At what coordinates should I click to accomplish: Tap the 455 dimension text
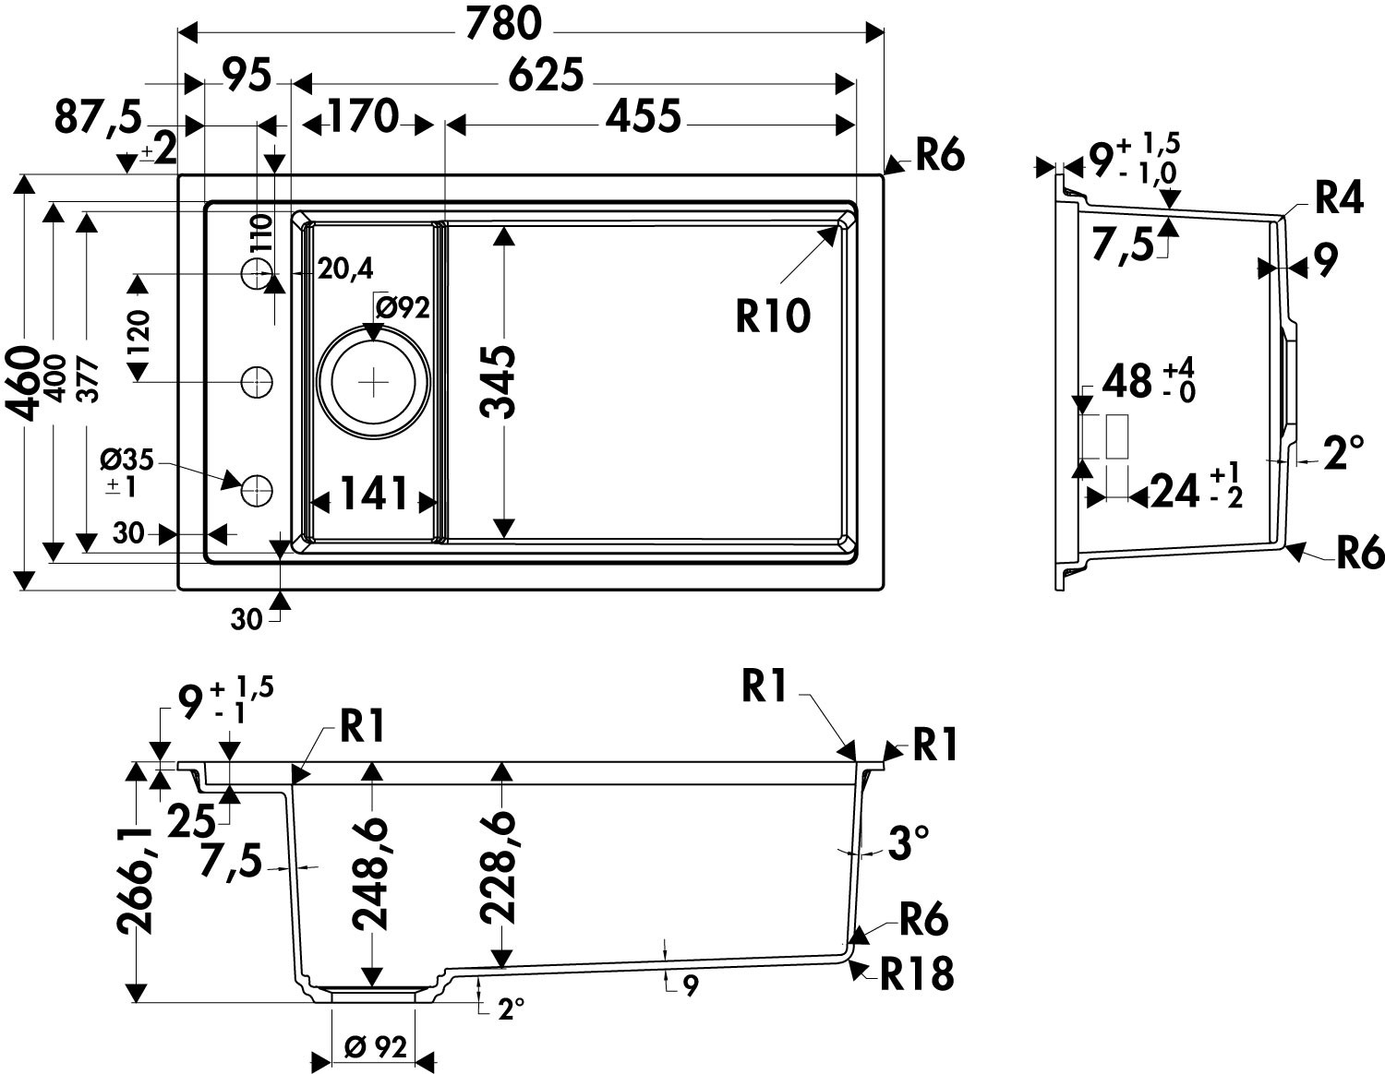(x=644, y=116)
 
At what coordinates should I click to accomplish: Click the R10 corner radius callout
(x=774, y=316)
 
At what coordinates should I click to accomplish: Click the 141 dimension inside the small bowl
(x=374, y=495)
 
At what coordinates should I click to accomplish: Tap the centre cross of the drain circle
(x=373, y=381)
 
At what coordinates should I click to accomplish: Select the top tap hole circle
(x=257, y=273)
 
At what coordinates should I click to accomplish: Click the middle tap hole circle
(x=257, y=381)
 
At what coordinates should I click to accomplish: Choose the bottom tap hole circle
(x=257, y=489)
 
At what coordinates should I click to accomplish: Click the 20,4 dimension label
(x=345, y=268)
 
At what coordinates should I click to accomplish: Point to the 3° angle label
(x=908, y=843)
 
